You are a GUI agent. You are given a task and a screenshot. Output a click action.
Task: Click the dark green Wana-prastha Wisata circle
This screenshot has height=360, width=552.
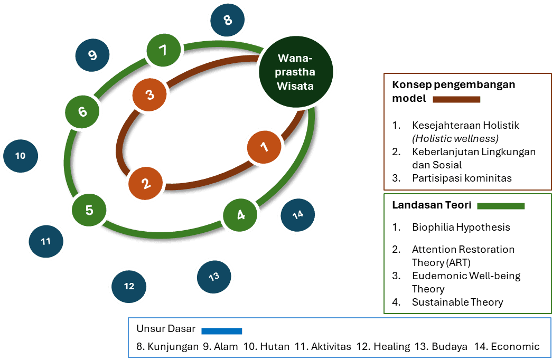[296, 72]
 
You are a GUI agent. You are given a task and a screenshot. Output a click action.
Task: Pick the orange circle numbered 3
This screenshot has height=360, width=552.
[150, 95]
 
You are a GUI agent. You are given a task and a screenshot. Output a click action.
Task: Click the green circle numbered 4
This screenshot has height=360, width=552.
[241, 215]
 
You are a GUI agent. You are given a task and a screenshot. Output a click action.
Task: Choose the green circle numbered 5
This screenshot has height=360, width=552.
[89, 210]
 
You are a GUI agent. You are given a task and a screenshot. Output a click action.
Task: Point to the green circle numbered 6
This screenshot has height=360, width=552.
[82, 112]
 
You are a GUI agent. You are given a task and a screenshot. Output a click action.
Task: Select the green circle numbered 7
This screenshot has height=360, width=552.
[163, 51]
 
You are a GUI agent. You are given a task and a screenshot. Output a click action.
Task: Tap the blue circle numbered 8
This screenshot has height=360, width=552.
[228, 21]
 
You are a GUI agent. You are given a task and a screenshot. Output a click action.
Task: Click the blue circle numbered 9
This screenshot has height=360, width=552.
[92, 55]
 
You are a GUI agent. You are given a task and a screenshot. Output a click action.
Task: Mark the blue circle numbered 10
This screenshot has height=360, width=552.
[21, 156]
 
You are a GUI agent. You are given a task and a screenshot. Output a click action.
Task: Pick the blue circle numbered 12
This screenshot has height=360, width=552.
[129, 287]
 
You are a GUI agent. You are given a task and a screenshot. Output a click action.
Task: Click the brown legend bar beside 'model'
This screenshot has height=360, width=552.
[456, 99]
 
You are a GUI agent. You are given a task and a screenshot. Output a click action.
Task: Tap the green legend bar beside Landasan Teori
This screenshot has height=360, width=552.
[501, 206]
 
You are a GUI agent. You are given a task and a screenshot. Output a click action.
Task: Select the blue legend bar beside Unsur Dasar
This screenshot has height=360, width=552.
[221, 331]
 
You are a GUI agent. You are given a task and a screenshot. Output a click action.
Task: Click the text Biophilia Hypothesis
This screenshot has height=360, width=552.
[461, 228]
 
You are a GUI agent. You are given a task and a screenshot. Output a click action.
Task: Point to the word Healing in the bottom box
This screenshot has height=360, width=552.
[391, 347]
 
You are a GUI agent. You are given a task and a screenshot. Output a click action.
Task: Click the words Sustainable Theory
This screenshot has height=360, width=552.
[457, 302]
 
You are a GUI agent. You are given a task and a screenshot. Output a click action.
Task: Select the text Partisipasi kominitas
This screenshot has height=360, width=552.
[462, 178]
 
